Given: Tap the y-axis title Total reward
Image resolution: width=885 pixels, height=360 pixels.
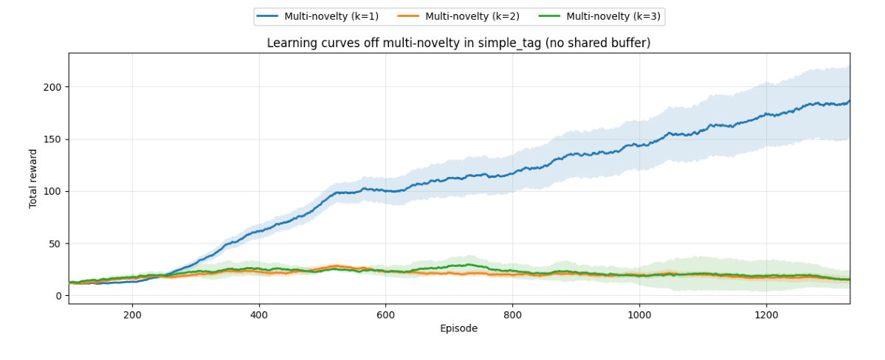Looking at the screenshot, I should (x=33, y=179).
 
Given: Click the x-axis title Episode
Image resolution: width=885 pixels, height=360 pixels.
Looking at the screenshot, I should (x=459, y=328).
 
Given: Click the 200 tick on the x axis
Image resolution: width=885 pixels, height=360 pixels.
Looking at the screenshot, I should (x=132, y=313).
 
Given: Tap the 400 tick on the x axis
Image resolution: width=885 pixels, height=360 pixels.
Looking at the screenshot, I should (x=259, y=313).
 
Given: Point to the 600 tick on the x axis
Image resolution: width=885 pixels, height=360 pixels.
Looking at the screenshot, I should (x=386, y=313).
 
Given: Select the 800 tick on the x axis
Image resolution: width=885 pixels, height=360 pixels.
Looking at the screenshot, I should (x=512, y=313).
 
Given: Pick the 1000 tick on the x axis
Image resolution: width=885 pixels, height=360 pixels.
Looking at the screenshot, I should (x=639, y=313).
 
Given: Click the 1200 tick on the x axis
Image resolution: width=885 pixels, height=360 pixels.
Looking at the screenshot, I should (x=766, y=313).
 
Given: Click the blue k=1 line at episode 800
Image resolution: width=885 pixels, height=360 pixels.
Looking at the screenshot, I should (x=512, y=174).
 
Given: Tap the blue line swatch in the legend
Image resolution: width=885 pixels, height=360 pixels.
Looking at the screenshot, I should (x=268, y=16).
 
